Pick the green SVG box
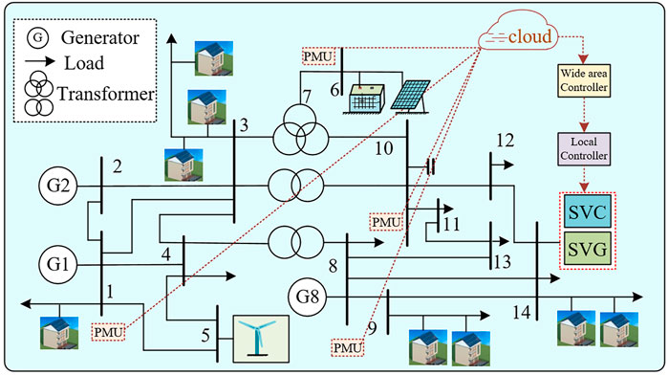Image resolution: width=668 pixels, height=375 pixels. click(588, 251)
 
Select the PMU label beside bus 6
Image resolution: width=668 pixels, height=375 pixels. click(319, 56)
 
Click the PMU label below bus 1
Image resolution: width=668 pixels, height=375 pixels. click(108, 331)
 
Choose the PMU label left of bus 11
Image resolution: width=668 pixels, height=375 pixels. click(387, 222)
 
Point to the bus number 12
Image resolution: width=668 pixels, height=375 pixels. click(504, 140)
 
